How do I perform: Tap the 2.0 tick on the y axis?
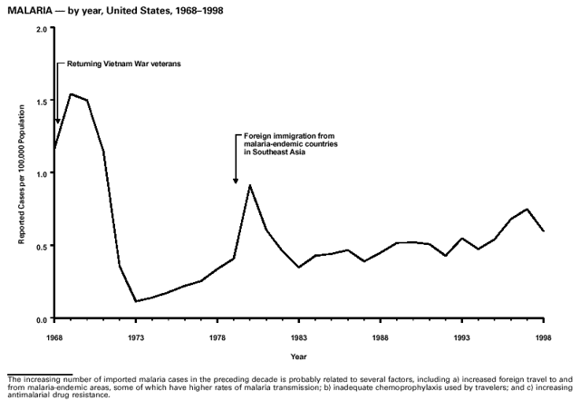[x=41, y=28]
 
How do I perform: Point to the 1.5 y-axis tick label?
[x=41, y=101]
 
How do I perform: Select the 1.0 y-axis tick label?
[x=41, y=173]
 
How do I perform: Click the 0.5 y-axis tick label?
[x=41, y=246]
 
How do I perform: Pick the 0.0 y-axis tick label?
[x=41, y=319]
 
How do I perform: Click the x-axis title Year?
[x=298, y=356]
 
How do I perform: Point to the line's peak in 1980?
[x=249, y=186]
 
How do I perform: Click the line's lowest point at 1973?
[x=136, y=301]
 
